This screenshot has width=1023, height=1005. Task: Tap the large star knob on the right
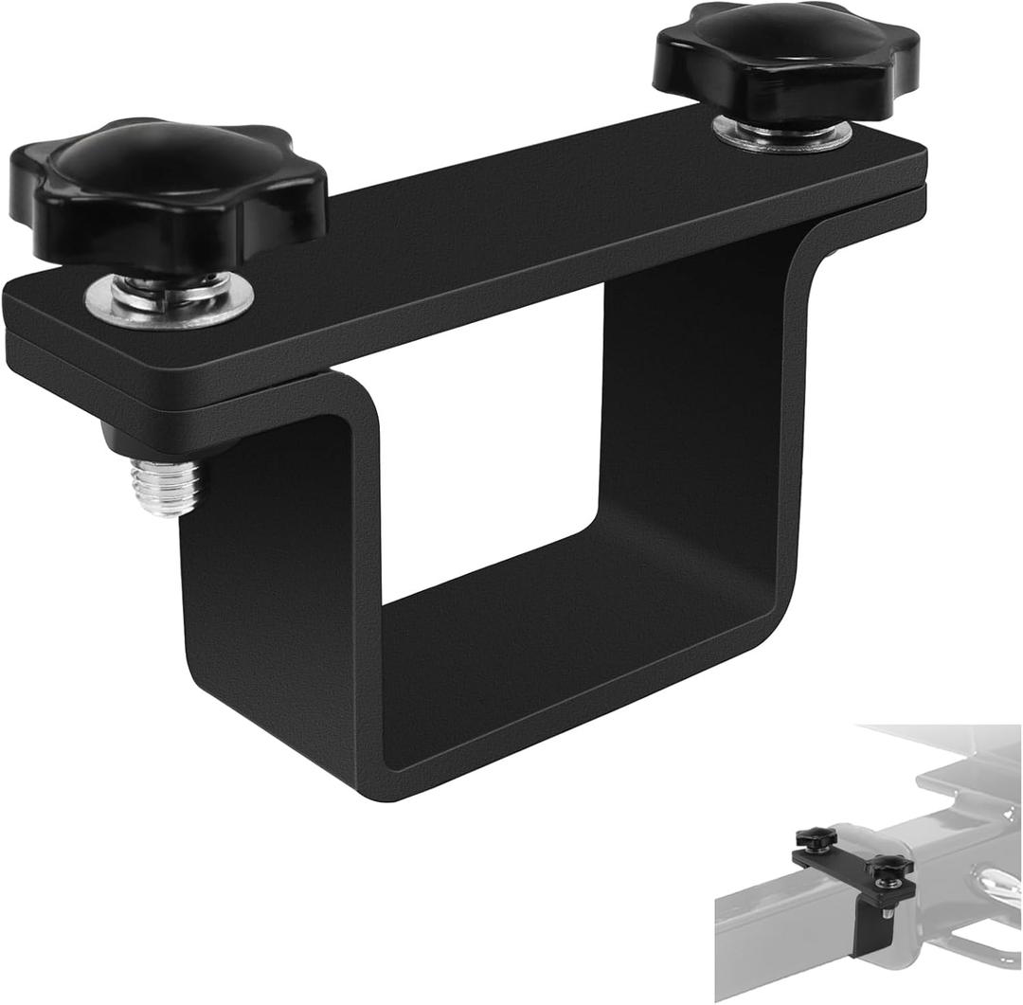point(786,63)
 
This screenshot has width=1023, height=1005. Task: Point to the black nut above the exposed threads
point(123,439)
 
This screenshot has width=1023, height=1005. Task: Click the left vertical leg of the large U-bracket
point(275,568)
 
